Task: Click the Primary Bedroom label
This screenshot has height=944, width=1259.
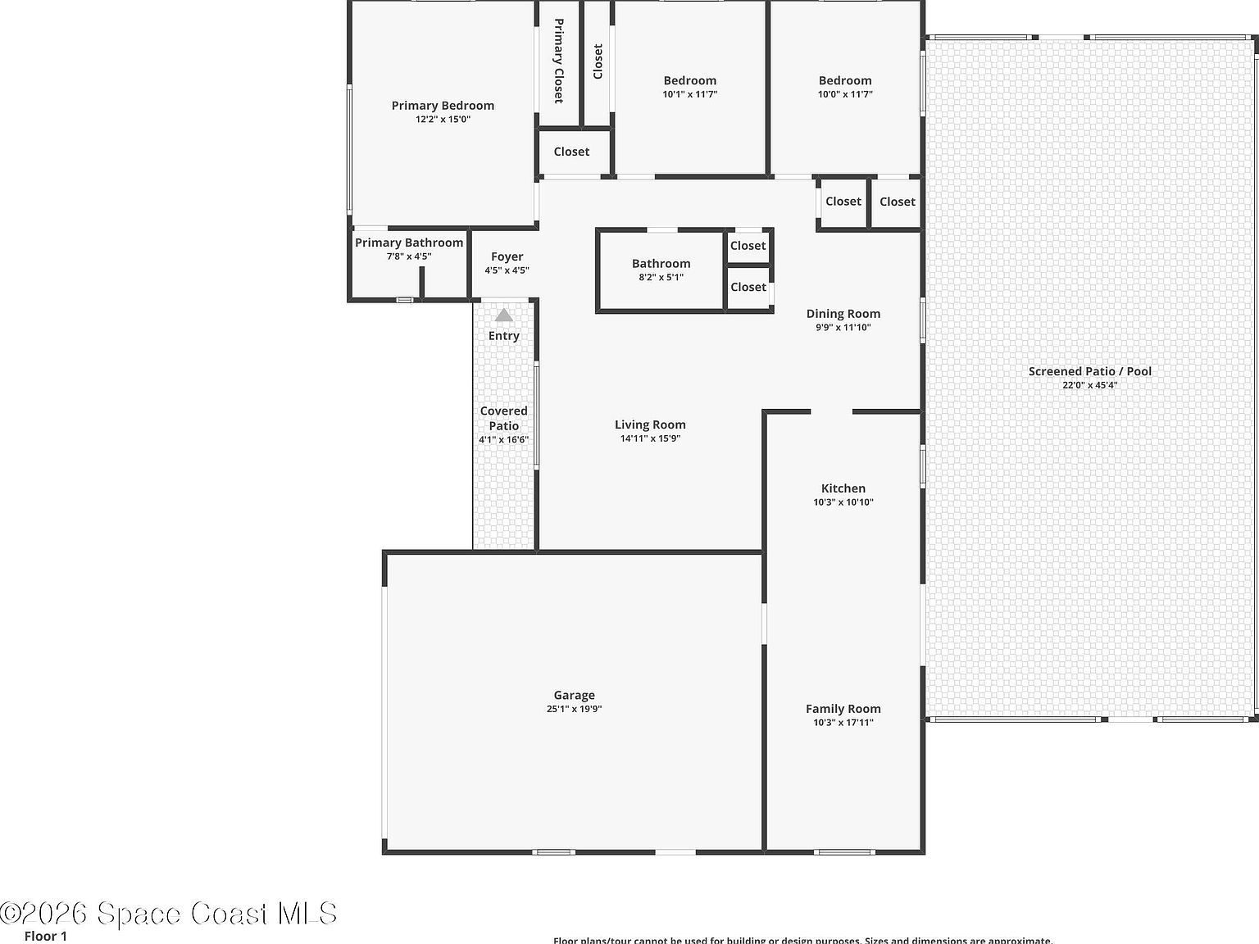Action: pyautogui.click(x=443, y=106)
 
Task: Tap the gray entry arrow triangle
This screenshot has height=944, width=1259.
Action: pyautogui.click(x=503, y=315)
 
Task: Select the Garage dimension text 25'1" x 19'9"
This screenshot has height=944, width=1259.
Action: pyautogui.click(x=574, y=710)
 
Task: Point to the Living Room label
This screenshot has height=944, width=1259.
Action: pyautogui.click(x=650, y=424)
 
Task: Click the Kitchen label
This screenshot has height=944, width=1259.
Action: pyautogui.click(x=843, y=488)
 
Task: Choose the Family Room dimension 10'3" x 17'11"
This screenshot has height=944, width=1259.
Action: pyautogui.click(x=843, y=723)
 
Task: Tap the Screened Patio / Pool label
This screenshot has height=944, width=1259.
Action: pyautogui.click(x=1089, y=371)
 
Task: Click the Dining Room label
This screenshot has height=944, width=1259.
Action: pyautogui.click(x=843, y=314)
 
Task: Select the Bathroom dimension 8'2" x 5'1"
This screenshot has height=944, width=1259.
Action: pyautogui.click(x=661, y=278)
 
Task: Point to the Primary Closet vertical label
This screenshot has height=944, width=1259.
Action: pyautogui.click(x=558, y=61)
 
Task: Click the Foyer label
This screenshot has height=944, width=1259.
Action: pyautogui.click(x=507, y=256)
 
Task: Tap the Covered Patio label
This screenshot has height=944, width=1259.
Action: pyautogui.click(x=503, y=418)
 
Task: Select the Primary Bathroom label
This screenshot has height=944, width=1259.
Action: pyautogui.click(x=409, y=243)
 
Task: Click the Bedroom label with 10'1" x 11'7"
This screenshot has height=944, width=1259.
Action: pyautogui.click(x=689, y=80)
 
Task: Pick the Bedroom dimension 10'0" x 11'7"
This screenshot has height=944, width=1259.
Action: pyautogui.click(x=844, y=94)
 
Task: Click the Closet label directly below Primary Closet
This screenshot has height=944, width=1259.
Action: pyautogui.click(x=571, y=152)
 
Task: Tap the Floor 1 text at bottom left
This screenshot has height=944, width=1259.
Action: pyautogui.click(x=46, y=936)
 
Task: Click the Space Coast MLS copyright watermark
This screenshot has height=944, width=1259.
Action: pyautogui.click(x=168, y=913)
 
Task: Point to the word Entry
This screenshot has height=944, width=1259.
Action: pyautogui.click(x=503, y=336)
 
